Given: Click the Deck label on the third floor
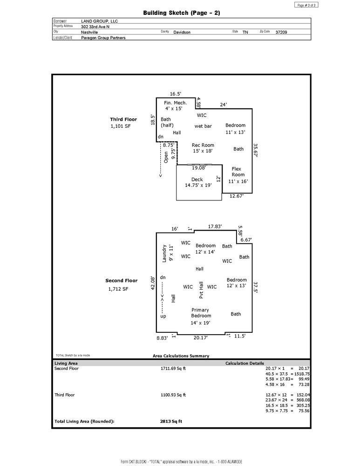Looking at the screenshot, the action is pos(197,179).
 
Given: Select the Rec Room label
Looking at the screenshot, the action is pos(203,145).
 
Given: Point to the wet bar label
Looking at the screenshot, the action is pos(203,126).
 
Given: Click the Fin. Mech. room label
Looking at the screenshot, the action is pos(175,103).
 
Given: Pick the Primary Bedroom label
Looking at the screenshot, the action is pos(201,313).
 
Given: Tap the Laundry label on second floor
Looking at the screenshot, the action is pos(164,254).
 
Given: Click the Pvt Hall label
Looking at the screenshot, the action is pos(201,290).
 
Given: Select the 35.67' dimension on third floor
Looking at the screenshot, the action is pos(255,151).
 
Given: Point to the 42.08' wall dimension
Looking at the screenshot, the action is pos(153,283).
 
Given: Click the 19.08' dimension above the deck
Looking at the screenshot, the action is pos(199,168).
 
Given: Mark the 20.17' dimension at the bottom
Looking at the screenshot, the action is pos(201,337).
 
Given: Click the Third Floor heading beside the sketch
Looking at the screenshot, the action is pos(123,119).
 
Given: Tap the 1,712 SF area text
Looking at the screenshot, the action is pos(118,289).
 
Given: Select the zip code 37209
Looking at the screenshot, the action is pos(281,32).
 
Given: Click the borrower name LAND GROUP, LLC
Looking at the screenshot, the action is pos(100,21).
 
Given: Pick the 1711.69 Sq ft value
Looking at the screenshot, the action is pos(173,369).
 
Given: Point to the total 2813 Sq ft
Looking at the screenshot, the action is pos(171,421).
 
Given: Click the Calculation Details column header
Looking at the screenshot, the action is pos(245,363).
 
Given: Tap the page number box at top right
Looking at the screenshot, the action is pos(306,5).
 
